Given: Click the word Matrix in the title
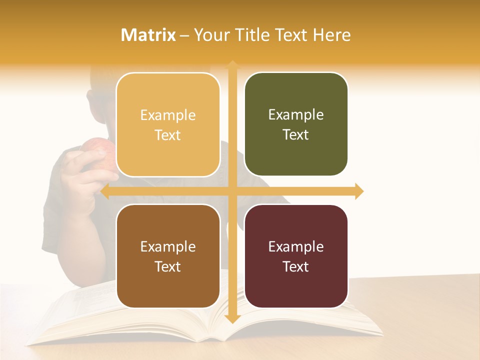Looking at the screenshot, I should (x=148, y=35).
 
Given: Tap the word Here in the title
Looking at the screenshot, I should (x=332, y=35).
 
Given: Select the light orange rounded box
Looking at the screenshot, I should (x=168, y=125).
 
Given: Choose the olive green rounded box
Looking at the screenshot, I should (x=296, y=124).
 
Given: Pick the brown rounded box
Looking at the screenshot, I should (x=168, y=256).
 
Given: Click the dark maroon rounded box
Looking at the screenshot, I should (x=296, y=256).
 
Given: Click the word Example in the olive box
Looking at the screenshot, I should (x=296, y=115).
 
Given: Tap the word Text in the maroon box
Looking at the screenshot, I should (x=296, y=266).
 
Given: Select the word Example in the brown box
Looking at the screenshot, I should (x=168, y=246).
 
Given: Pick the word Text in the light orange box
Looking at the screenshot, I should (x=168, y=135).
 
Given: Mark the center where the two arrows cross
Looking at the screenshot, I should (x=232, y=191).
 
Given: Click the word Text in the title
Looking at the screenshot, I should (x=288, y=35).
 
